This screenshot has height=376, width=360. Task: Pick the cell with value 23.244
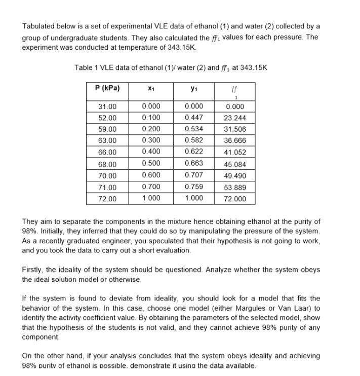(234, 118)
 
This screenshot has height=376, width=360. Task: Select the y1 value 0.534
(193, 129)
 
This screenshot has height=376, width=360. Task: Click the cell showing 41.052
(234, 153)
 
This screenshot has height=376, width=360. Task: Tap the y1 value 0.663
(193, 164)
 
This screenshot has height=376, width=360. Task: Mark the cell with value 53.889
(234, 187)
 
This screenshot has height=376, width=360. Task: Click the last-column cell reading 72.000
(234, 199)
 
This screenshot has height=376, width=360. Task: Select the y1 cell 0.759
(193, 187)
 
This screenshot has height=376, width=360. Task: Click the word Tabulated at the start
(39, 26)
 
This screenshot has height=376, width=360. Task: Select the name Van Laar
(288, 308)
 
